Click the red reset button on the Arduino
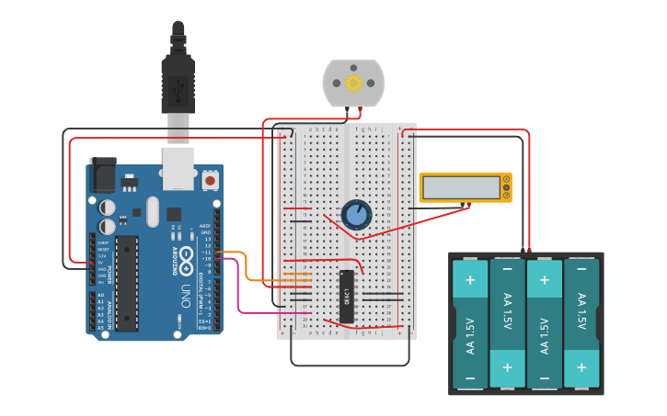click(210, 181)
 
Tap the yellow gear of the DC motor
click(353, 84)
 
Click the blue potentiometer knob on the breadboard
click(356, 215)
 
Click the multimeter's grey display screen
click(461, 187)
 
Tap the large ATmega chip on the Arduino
click(127, 283)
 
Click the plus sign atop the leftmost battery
click(470, 279)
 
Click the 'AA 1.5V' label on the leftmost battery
click(470, 335)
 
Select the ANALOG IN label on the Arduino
click(109, 310)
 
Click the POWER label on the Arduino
click(109, 273)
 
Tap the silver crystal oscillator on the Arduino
click(153, 211)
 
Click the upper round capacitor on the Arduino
click(108, 207)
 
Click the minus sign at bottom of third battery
click(545, 377)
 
